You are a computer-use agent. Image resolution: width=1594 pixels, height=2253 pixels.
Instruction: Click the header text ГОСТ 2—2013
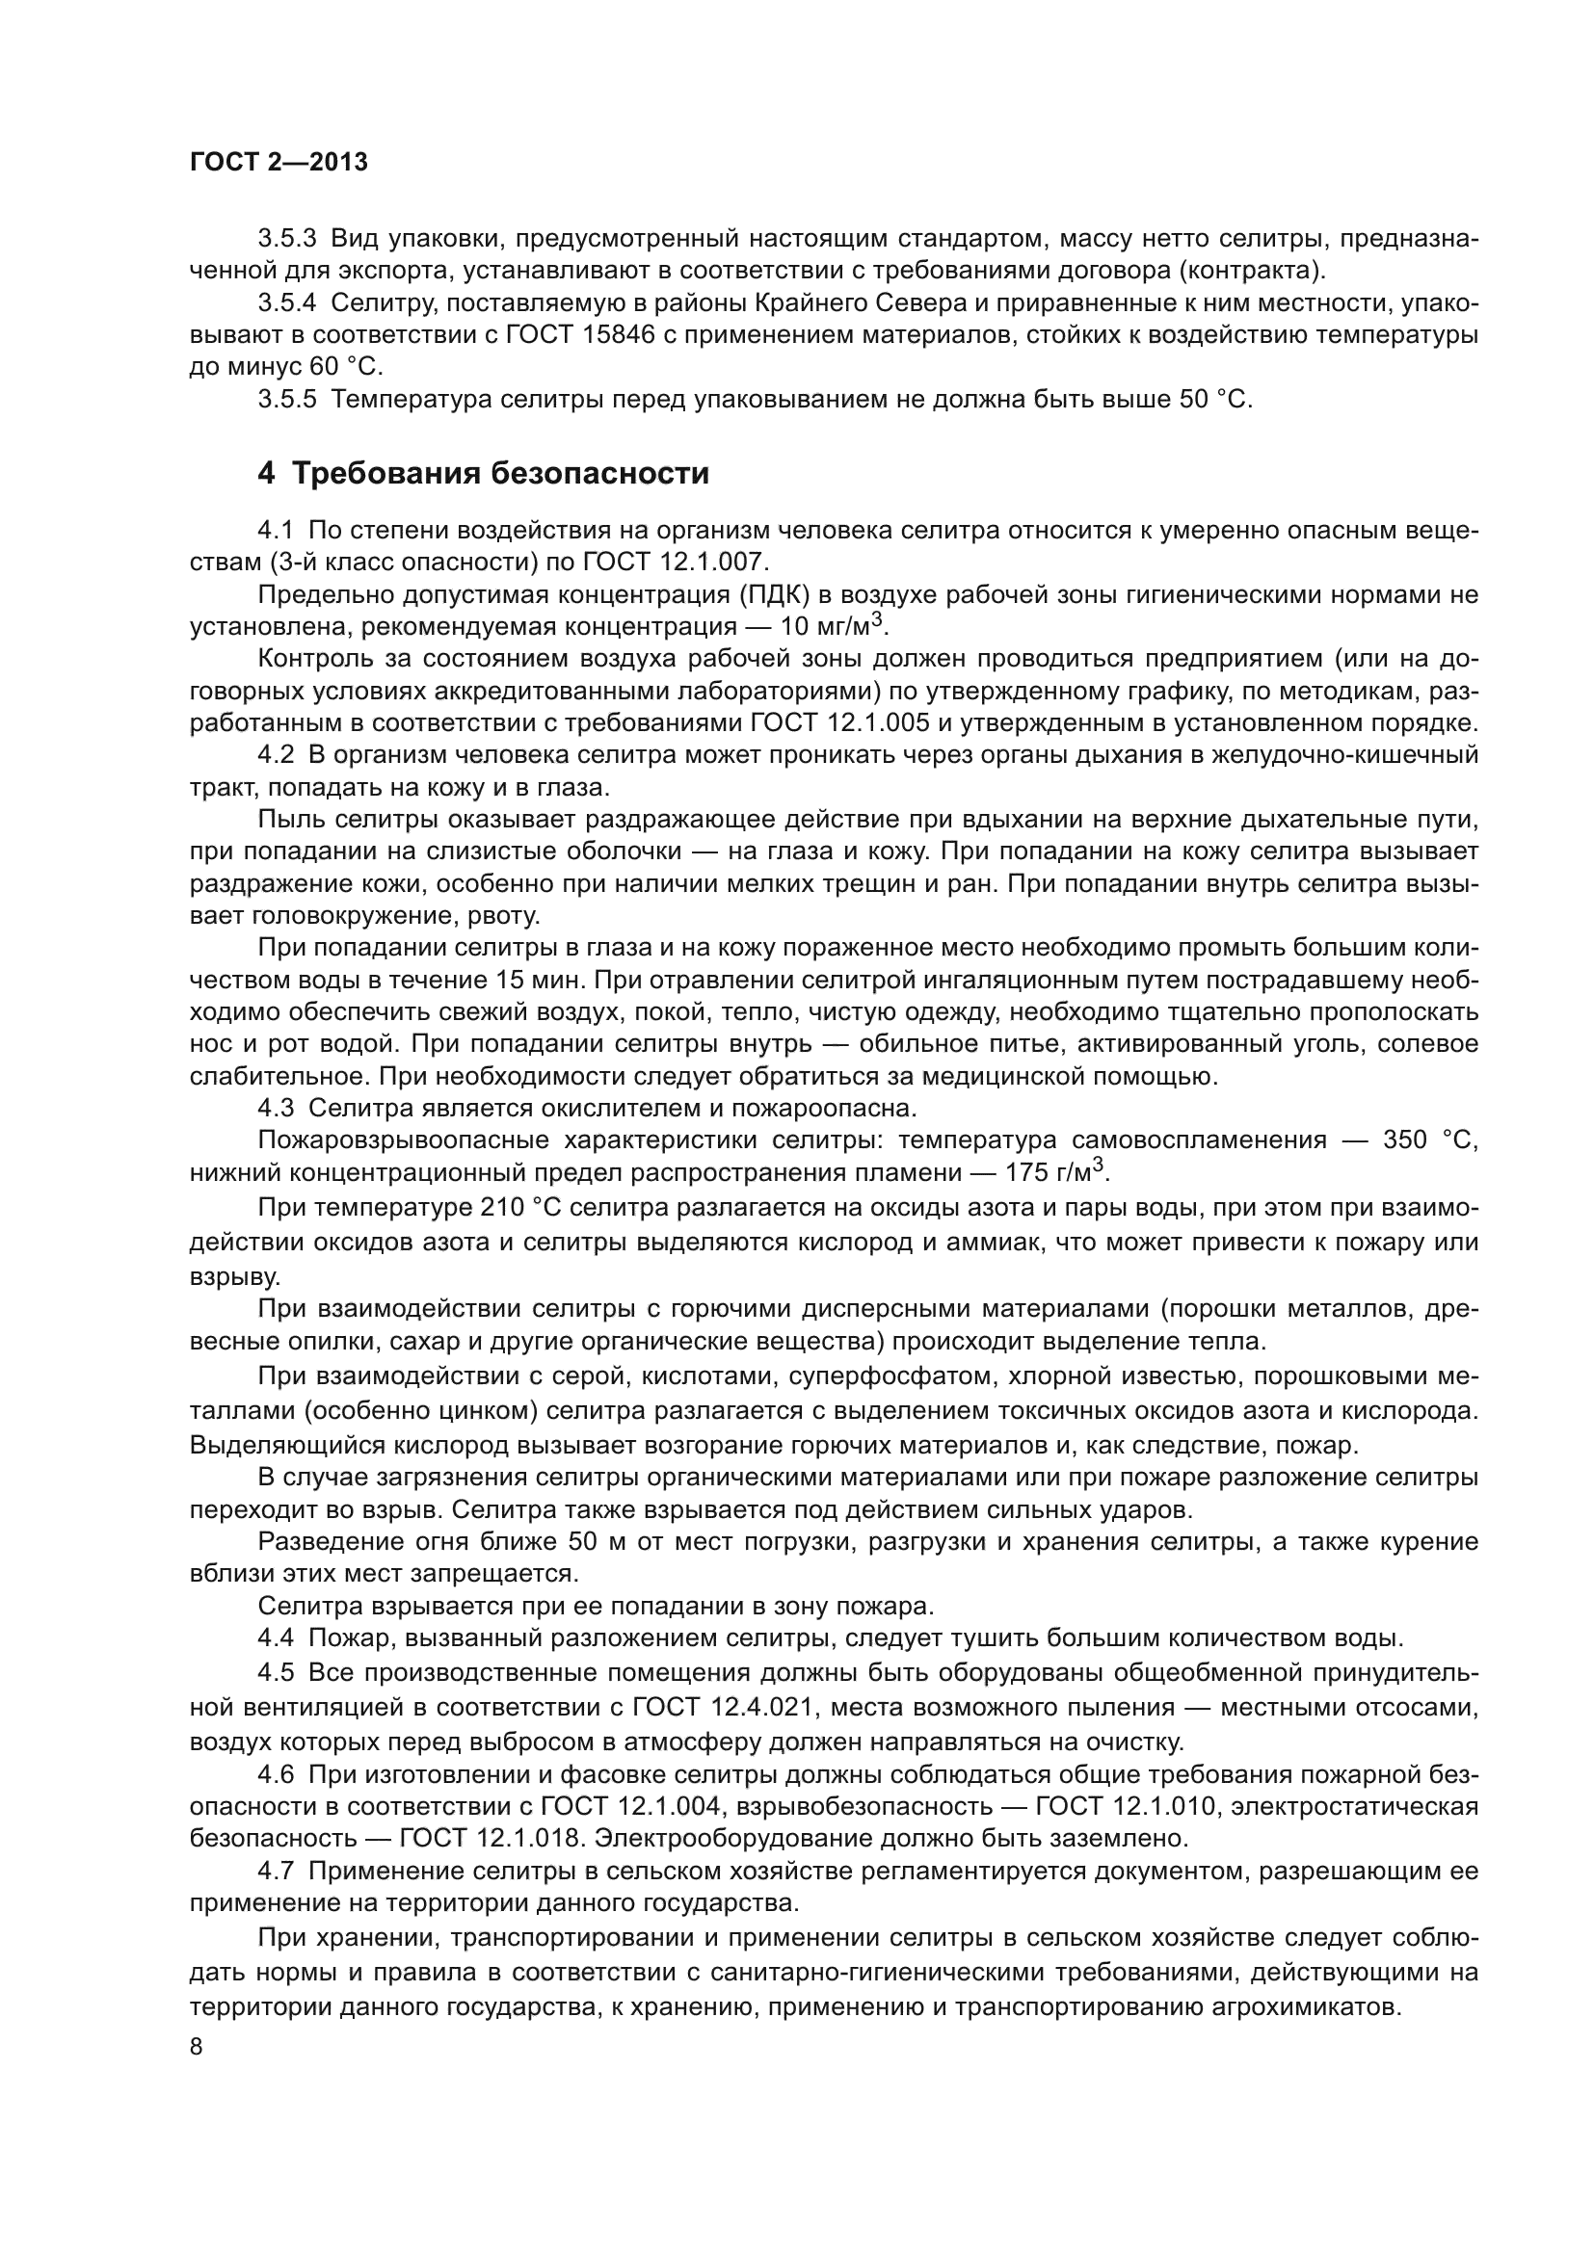coord(279,163)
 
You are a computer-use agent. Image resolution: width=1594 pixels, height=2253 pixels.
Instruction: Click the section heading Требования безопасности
coord(500,474)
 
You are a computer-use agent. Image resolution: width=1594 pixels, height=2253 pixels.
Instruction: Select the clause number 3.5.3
coord(286,240)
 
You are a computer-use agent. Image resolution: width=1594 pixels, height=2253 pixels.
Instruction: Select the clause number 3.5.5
coord(286,401)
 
